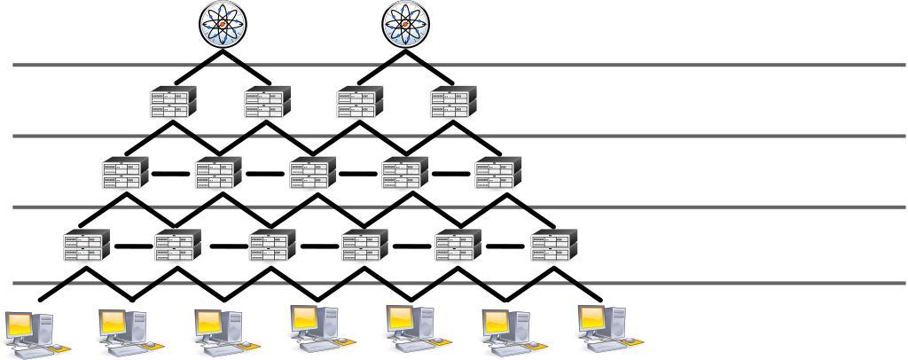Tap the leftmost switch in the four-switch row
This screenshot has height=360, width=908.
click(x=173, y=101)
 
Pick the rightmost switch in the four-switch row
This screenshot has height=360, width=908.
click(x=453, y=101)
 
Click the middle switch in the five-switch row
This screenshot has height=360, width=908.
click(x=313, y=172)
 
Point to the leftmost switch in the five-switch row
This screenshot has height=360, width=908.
click(x=125, y=172)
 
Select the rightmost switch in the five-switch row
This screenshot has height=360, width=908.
click(x=498, y=172)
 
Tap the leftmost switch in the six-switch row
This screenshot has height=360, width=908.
click(x=86, y=245)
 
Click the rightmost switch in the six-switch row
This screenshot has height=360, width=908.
click(x=554, y=245)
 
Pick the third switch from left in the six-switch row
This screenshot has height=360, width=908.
click(x=272, y=245)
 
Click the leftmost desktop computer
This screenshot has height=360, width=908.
click(x=29, y=332)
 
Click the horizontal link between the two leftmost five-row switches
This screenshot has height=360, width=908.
click(x=171, y=174)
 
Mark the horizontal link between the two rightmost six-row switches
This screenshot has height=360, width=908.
click(x=505, y=247)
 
